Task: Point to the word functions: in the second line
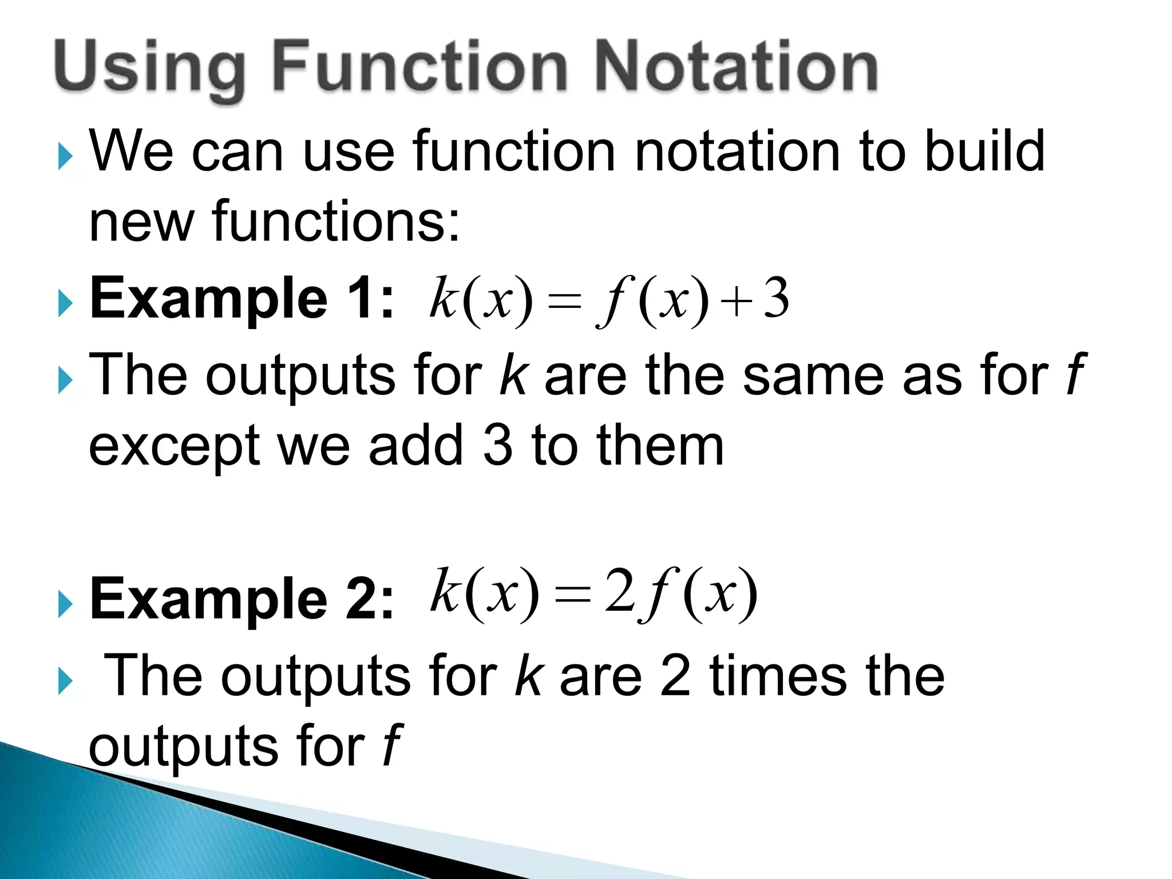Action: click(x=336, y=221)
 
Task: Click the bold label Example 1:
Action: click(x=241, y=298)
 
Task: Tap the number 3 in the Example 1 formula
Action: click(x=777, y=299)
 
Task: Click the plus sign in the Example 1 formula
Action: click(x=736, y=302)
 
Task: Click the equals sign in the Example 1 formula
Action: click(x=564, y=302)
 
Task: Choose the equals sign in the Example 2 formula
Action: click(x=572, y=595)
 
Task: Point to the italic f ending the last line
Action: click(x=392, y=746)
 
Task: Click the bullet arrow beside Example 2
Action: click(x=66, y=605)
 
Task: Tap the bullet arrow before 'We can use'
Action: click(x=66, y=157)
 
